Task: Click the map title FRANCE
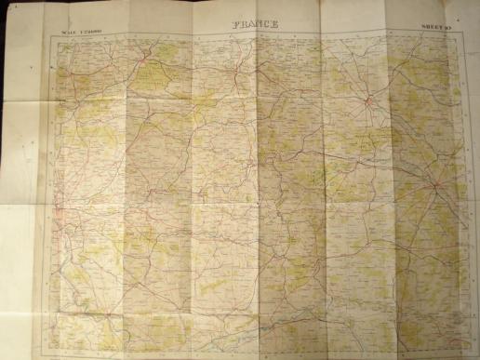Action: tap(254, 24)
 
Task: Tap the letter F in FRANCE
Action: tap(233, 24)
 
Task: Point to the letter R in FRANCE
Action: tap(241, 24)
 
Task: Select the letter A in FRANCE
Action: tap(250, 24)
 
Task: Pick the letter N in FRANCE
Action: tap(259, 24)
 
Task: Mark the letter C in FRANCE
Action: tap(267, 24)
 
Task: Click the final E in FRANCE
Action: tap(275, 24)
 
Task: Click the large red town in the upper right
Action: tap(369, 100)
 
